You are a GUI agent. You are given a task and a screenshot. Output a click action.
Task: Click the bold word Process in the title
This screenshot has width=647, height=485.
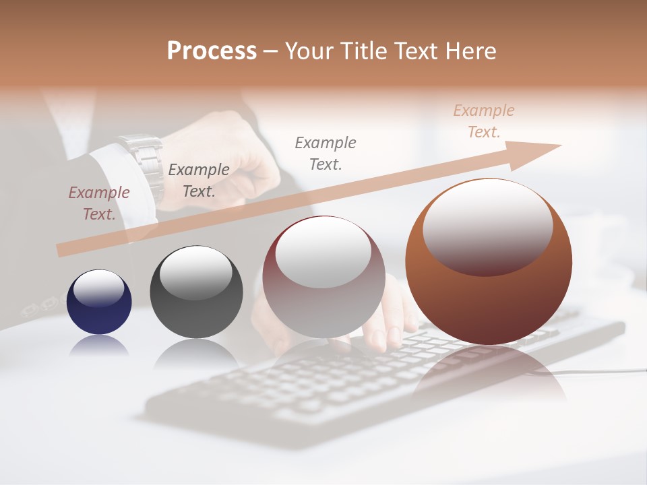(x=212, y=51)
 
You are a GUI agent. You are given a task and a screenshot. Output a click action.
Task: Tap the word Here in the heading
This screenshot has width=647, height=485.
(x=470, y=51)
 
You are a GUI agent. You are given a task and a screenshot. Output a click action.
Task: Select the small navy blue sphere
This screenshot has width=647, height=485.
(x=99, y=302)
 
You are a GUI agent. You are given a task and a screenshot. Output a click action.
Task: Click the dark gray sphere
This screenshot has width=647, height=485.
(x=196, y=292)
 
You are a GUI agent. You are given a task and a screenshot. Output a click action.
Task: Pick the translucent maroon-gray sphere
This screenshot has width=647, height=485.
(x=323, y=277)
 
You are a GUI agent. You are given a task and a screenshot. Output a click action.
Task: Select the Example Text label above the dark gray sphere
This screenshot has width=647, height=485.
(x=199, y=181)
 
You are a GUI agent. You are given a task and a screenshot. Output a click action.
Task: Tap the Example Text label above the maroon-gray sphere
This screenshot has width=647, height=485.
(x=326, y=153)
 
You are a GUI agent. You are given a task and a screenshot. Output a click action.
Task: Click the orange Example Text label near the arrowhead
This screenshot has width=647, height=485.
(x=484, y=121)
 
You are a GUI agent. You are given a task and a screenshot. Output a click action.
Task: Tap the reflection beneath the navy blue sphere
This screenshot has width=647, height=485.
(x=99, y=345)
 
